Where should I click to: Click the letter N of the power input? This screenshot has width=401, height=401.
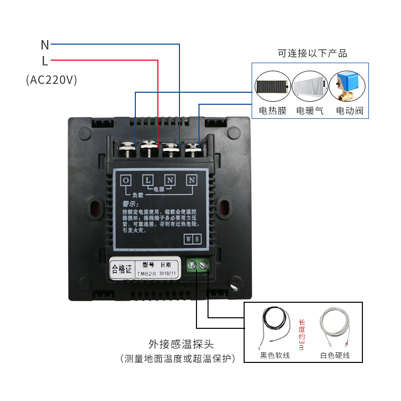45,45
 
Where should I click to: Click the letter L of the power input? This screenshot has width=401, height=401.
45,61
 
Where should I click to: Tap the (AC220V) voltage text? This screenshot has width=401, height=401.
51,80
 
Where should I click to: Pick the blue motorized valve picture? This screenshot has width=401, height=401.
348,85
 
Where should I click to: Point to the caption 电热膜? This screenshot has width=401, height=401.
272,110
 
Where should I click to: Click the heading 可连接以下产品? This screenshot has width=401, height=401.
312,53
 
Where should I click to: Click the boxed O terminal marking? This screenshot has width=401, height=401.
126,180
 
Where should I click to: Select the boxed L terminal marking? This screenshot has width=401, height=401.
148,180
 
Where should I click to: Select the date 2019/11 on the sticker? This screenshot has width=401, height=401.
167,274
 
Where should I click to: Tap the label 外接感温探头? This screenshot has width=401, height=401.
181,344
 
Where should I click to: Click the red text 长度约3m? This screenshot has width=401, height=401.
301,335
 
